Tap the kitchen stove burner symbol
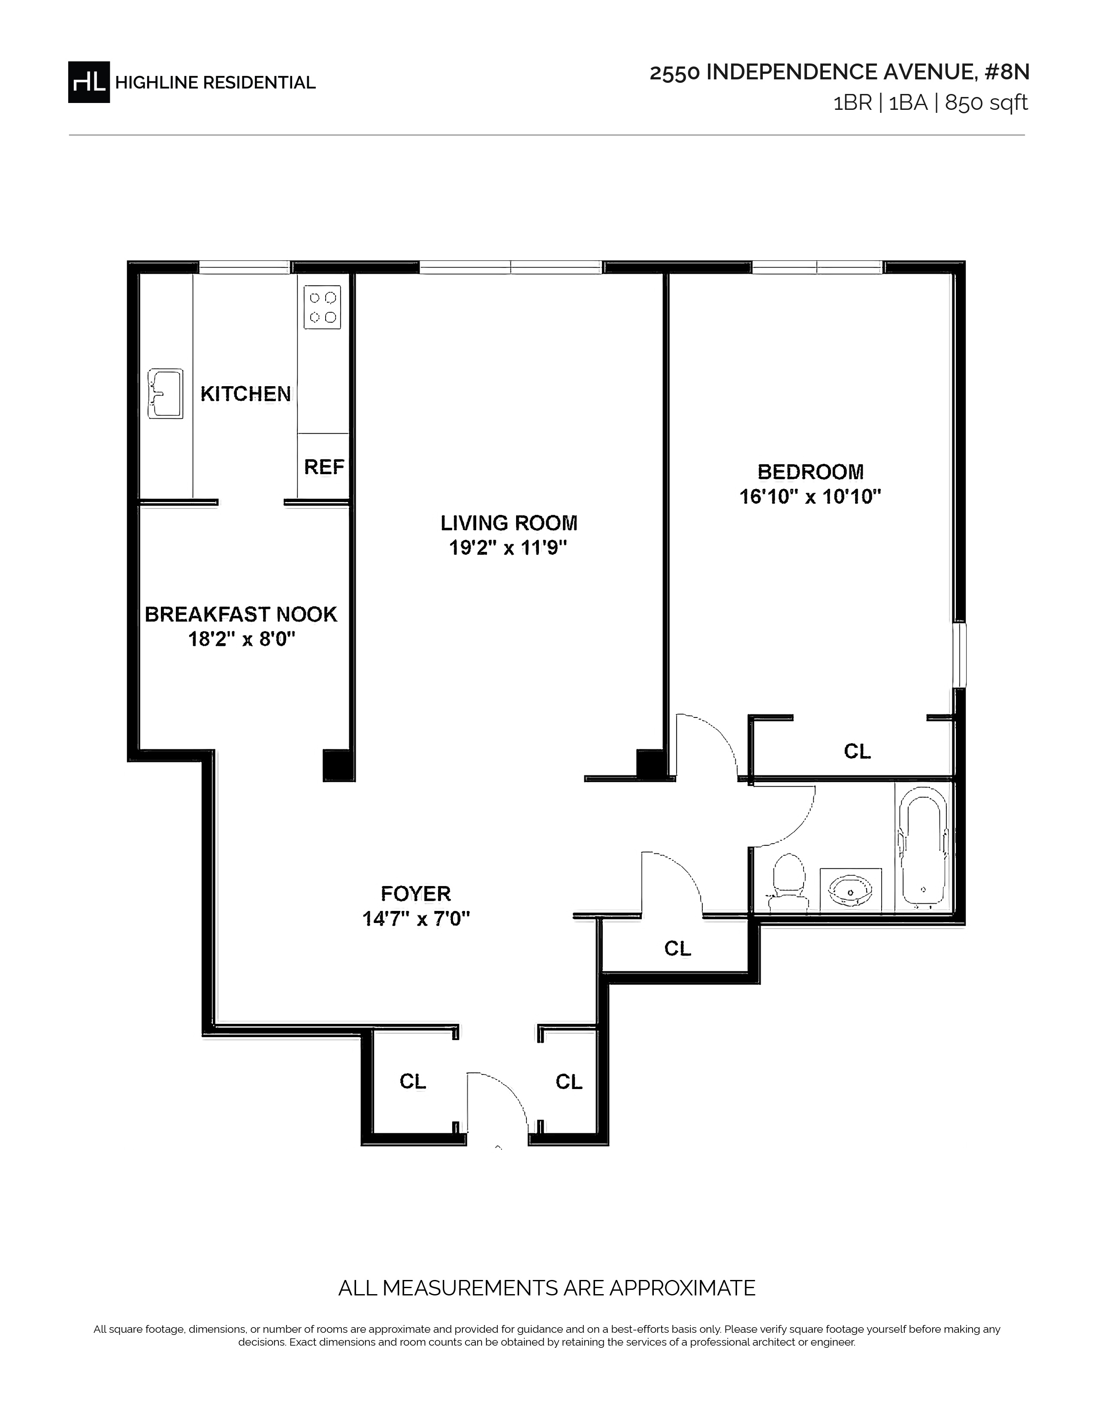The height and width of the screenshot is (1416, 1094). (323, 307)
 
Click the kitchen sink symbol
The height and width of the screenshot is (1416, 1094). (165, 393)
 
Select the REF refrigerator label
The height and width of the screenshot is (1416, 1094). (324, 467)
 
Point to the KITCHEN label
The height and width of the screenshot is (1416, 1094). (246, 393)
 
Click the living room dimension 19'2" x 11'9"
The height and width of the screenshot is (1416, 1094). (508, 548)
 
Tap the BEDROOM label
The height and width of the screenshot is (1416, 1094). (810, 471)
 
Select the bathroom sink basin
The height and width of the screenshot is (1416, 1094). (851, 890)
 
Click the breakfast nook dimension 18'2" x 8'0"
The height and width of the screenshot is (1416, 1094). (242, 640)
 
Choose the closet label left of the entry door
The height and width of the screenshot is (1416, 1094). (413, 1081)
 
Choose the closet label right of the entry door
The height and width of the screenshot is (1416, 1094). (569, 1081)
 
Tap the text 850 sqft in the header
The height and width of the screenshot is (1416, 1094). (986, 103)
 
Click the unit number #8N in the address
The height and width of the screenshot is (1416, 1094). (1006, 72)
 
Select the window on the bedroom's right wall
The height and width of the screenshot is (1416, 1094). (960, 655)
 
